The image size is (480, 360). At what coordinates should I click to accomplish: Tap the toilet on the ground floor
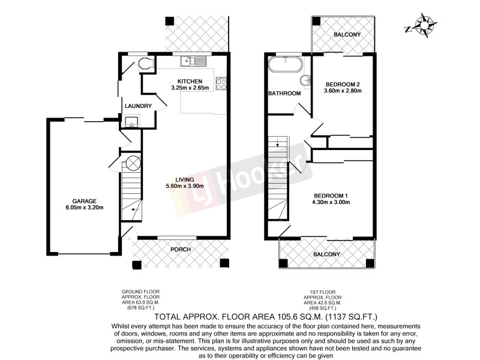coord(146,64)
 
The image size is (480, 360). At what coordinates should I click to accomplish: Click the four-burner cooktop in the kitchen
coord(221,84)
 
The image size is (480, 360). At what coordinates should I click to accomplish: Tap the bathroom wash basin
coord(305,80)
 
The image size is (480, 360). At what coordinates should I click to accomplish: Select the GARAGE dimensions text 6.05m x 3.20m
coord(84,208)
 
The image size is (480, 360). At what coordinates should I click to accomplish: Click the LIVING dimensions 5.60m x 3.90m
coord(187,186)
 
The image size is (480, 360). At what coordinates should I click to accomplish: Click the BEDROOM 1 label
coord(331,196)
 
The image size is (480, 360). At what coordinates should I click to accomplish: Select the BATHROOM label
coord(284,94)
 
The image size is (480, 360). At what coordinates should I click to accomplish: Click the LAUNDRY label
coord(138,106)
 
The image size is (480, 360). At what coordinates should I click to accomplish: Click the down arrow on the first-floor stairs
coord(277,143)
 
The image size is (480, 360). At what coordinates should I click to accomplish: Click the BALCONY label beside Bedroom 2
coord(347,35)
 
